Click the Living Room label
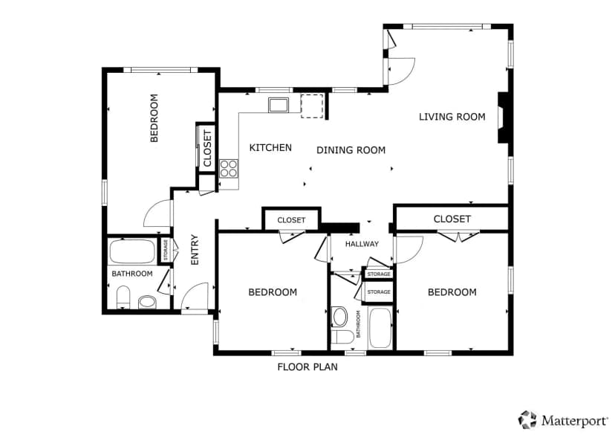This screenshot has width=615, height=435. click(452, 117)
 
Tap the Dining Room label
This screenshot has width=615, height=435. click(351, 150)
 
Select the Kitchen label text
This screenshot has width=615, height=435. click(270, 148)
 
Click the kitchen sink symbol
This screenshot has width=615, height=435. click(278, 105)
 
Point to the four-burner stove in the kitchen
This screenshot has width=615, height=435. click(229, 169)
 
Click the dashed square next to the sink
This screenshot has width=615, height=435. click(312, 106)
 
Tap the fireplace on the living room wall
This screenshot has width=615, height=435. click(503, 117)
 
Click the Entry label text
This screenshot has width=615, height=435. click(195, 250)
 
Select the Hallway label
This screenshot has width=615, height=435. click(362, 244)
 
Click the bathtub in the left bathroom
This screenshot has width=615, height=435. click(132, 251)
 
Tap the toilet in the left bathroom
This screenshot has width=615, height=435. click(123, 297)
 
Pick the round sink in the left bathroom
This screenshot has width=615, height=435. click(148, 302)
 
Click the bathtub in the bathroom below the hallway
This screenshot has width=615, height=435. click(380, 328)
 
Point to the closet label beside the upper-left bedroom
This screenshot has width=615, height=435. click(207, 148)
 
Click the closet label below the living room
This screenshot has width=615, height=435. click(452, 219)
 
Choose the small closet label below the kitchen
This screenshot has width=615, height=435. click(291, 220)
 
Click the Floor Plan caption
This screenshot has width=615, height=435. click(307, 367)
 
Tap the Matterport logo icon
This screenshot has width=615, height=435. click(527, 419)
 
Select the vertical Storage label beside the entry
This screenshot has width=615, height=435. click(166, 250)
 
